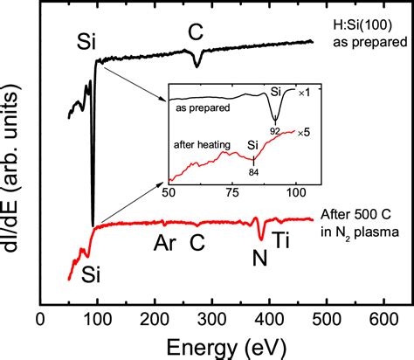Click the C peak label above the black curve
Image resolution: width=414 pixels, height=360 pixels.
tap(197, 32)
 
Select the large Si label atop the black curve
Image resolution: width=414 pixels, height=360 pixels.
tap(87, 40)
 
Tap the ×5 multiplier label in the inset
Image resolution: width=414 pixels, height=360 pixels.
tap(301, 132)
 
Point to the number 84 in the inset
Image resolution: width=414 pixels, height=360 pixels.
tap(253, 171)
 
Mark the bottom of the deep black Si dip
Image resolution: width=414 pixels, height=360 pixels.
tap(93, 224)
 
